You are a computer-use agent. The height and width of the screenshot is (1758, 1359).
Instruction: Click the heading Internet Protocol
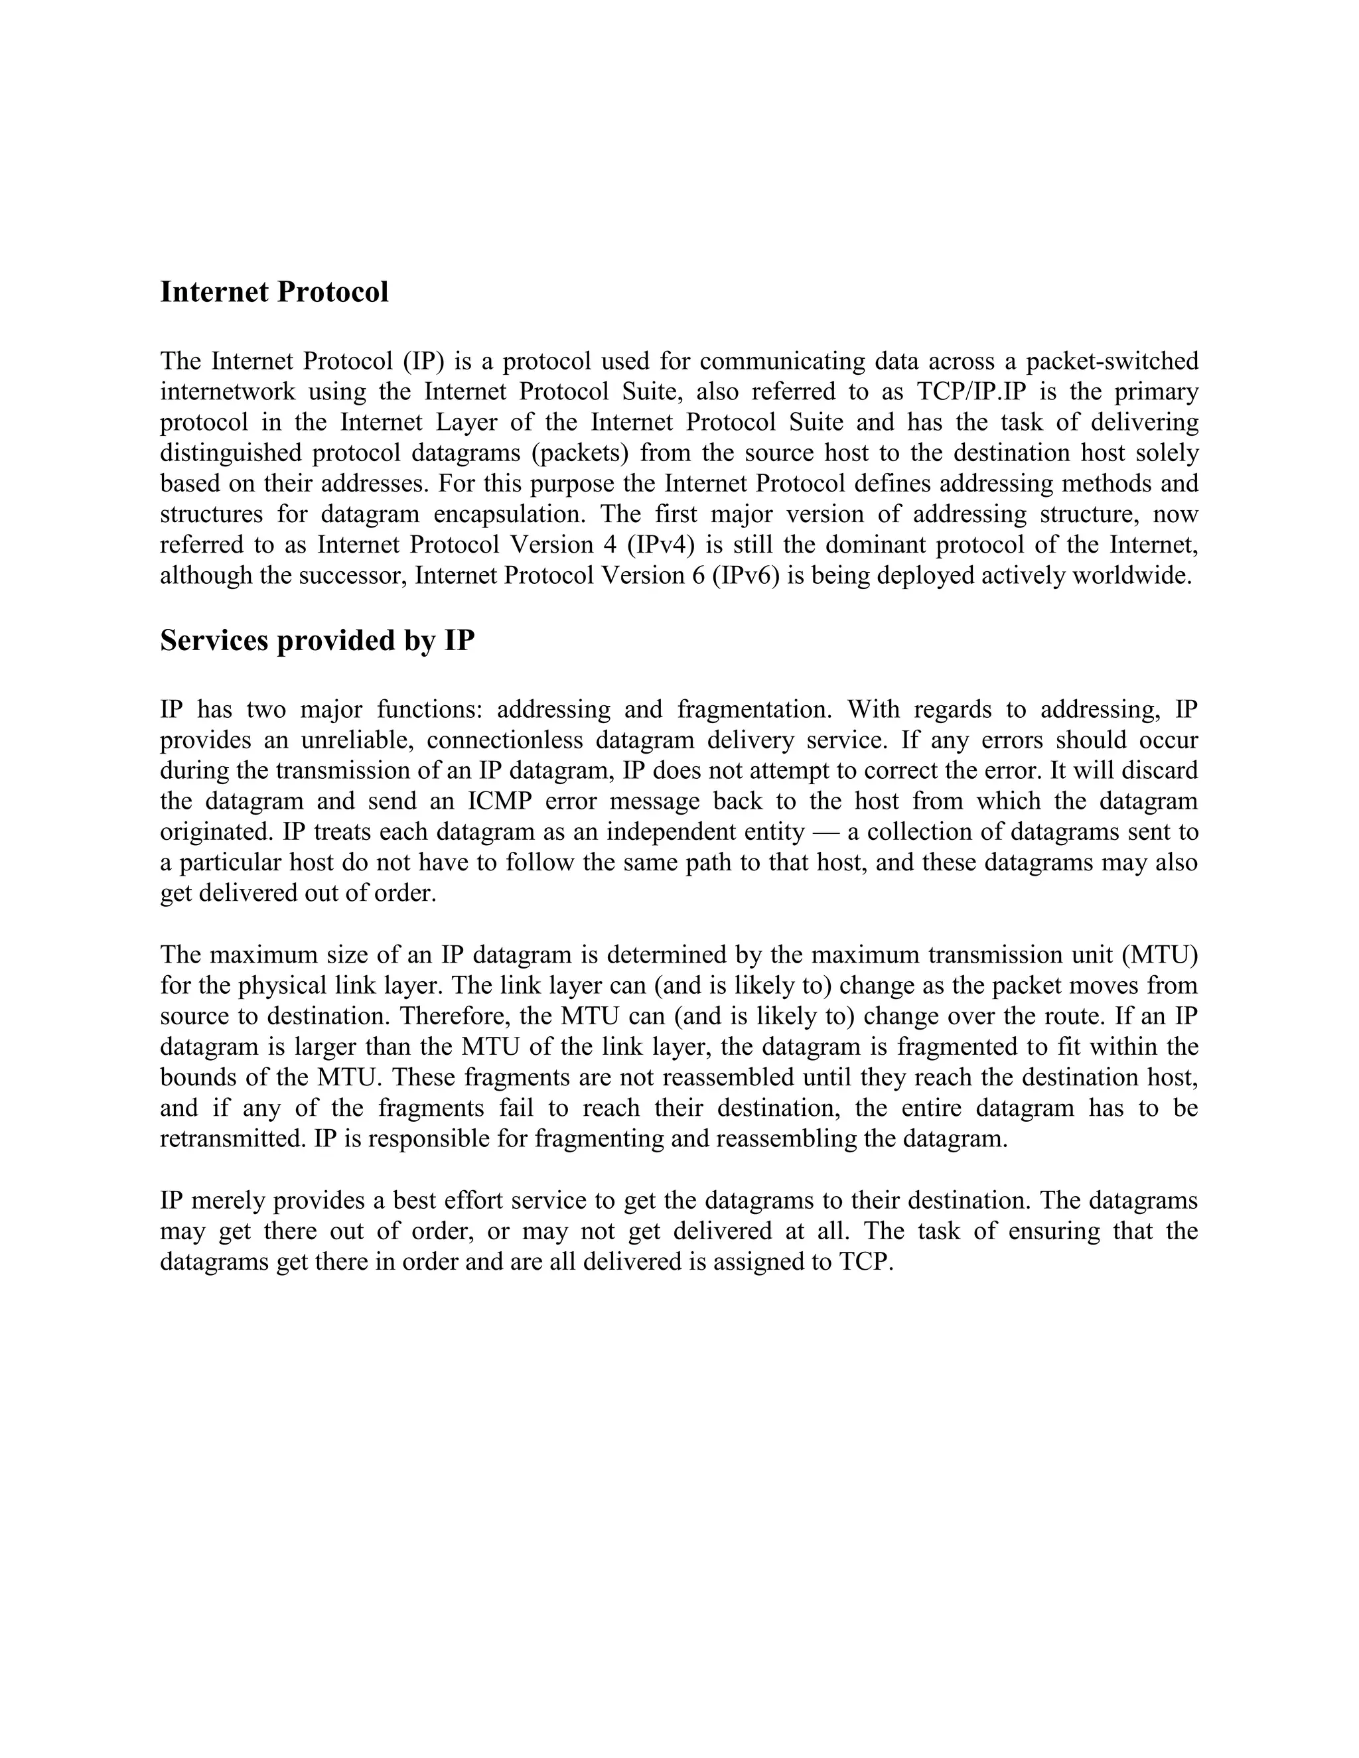point(274,291)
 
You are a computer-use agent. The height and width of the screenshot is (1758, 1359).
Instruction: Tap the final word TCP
point(865,1261)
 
